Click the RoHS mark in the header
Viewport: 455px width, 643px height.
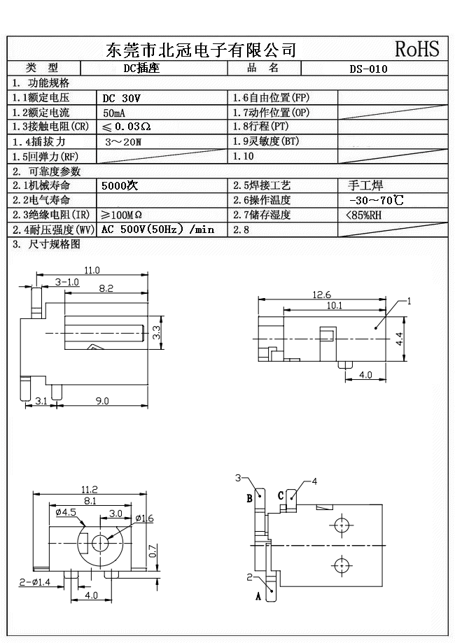tap(417, 49)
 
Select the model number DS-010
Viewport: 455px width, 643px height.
tap(368, 69)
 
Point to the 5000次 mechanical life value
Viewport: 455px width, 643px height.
tap(120, 186)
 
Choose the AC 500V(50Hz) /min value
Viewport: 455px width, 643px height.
tap(157, 229)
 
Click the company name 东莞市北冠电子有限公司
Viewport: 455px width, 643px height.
tap(201, 50)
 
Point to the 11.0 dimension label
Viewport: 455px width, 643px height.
tap(92, 270)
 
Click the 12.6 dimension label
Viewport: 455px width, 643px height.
tap(322, 294)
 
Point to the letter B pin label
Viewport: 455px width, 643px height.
tap(249, 499)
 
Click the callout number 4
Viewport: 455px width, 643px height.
tap(314, 481)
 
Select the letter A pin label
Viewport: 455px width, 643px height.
tap(258, 596)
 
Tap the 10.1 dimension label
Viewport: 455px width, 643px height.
tap(335, 305)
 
